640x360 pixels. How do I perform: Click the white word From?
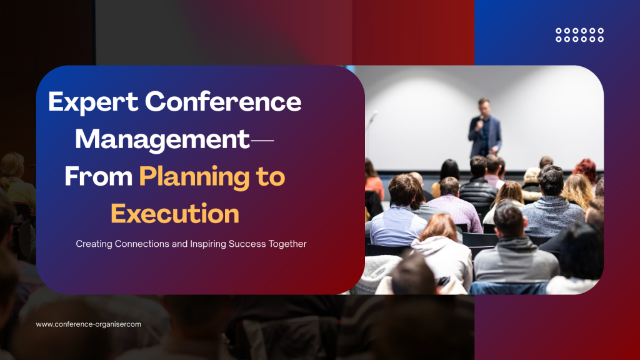click(98, 177)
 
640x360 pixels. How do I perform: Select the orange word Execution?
click(175, 214)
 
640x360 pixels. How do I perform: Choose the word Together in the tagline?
click(285, 244)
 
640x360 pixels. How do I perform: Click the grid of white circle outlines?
click(579, 35)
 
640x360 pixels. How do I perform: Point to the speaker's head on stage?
click(483, 104)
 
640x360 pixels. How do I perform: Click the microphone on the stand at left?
click(374, 116)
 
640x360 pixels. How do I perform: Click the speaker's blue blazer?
click(484, 134)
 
